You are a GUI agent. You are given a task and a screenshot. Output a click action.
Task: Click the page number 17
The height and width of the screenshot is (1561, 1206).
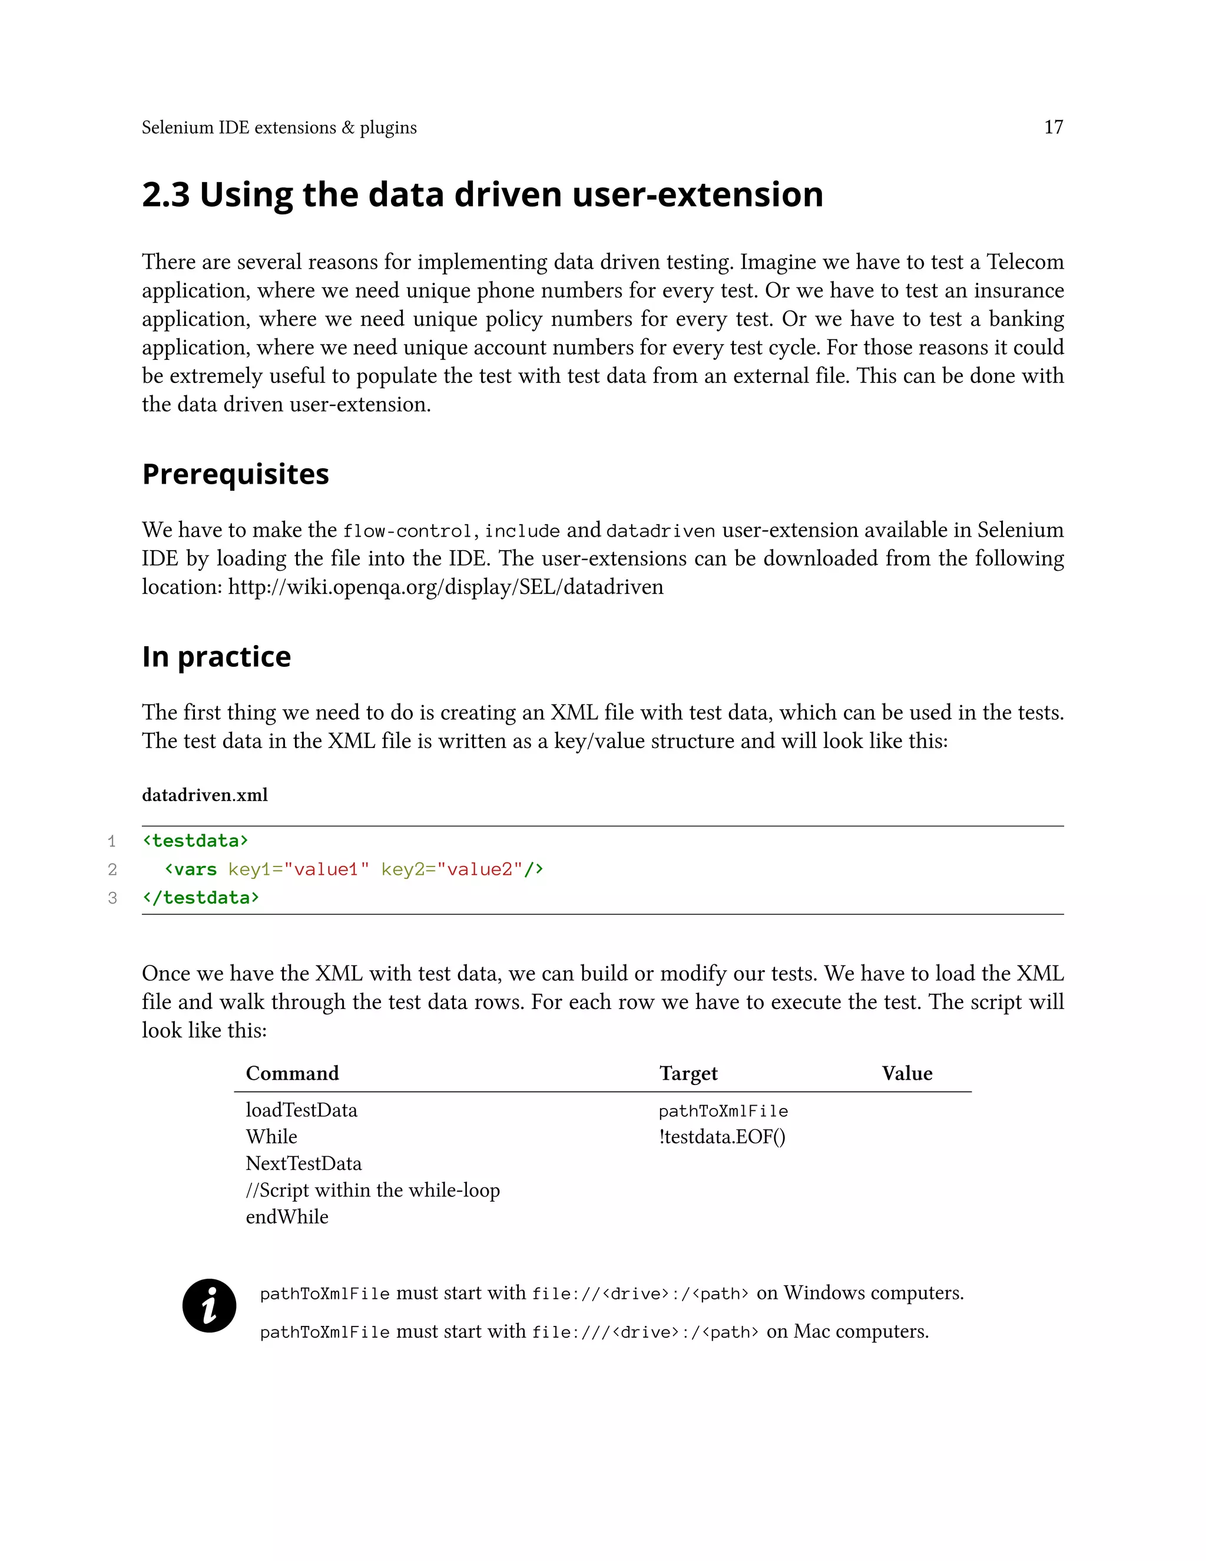click(1053, 127)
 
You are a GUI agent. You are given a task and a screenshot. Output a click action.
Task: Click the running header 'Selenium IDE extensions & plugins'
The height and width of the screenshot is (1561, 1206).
click(279, 127)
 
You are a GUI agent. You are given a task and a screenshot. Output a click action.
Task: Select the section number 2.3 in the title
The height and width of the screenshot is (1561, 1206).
click(165, 195)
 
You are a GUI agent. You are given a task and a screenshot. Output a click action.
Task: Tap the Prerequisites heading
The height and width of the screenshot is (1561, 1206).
click(235, 474)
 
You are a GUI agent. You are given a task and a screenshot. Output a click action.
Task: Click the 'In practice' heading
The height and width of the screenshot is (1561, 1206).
click(216, 656)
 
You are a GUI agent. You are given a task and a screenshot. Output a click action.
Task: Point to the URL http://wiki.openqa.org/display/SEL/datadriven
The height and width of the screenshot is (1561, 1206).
click(445, 587)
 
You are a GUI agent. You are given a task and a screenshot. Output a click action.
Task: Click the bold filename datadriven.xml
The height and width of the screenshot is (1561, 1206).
click(204, 795)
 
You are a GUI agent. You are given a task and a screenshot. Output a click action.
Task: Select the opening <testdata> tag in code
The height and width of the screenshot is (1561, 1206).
click(195, 841)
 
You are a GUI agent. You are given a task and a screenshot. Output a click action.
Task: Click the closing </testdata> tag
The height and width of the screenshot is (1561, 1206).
click(201, 898)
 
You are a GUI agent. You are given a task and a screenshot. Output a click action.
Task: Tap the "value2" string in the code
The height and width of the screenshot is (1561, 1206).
click(479, 869)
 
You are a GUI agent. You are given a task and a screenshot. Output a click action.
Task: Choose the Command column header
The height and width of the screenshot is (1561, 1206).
click(292, 1073)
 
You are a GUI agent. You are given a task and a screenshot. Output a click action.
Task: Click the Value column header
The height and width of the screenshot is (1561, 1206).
click(907, 1073)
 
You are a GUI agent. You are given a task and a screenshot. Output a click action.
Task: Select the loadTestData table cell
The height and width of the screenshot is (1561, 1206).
click(301, 1110)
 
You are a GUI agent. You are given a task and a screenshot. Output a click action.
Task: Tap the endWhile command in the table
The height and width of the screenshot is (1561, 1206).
click(287, 1216)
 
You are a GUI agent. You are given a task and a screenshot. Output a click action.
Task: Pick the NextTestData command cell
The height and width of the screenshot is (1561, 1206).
click(304, 1163)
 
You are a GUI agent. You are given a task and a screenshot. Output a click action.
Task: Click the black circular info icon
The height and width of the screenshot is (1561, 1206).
click(209, 1305)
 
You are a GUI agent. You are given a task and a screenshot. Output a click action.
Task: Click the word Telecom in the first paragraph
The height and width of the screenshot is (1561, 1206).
click(1025, 262)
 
